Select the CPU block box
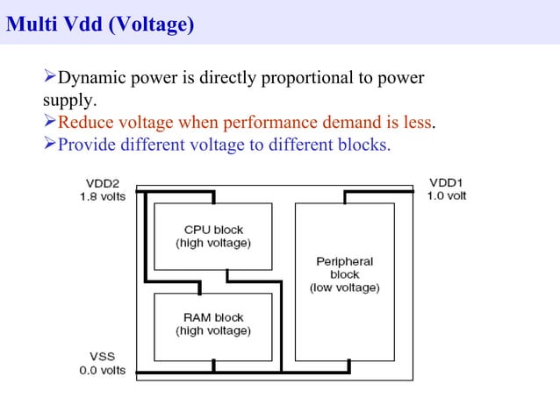tap(213, 236)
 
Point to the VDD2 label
tap(103, 182)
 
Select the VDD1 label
tap(446, 182)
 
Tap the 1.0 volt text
tap(447, 195)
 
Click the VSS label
tap(102, 357)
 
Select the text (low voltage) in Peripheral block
tap(345, 288)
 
